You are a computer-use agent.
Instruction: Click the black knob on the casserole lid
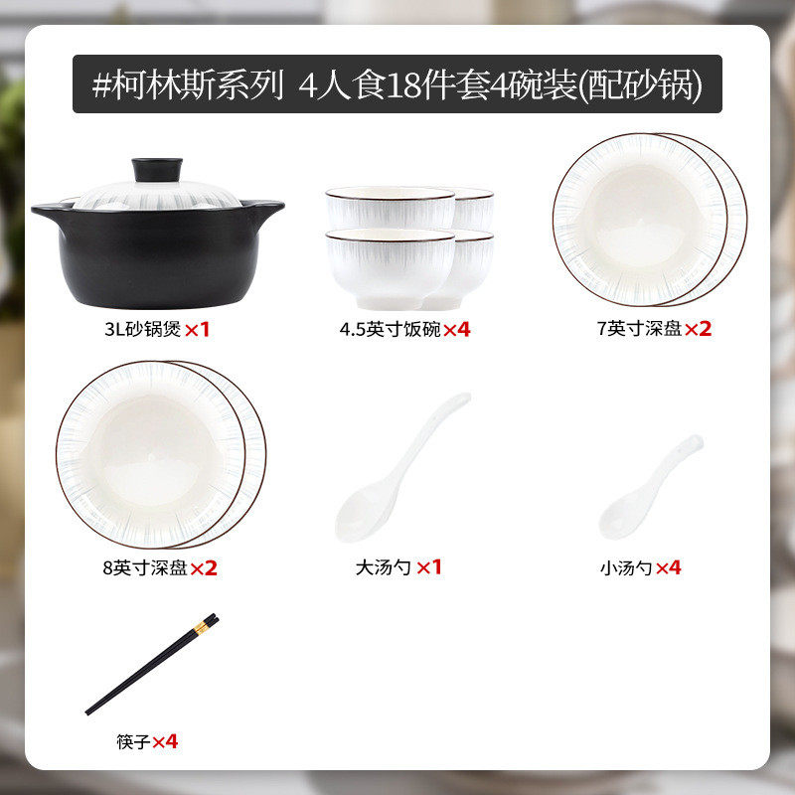tap(158, 169)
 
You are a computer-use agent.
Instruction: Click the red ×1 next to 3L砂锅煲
tap(199, 329)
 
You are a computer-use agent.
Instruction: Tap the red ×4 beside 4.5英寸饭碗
tap(456, 329)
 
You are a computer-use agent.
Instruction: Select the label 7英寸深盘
tap(639, 329)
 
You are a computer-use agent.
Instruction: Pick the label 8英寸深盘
tap(144, 568)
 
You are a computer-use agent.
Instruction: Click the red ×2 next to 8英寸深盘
tap(204, 568)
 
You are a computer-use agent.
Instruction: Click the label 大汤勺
tap(383, 568)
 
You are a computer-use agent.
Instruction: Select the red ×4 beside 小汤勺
tap(668, 568)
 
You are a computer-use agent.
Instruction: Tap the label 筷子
tap(133, 741)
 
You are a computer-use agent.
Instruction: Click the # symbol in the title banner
tap(102, 84)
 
